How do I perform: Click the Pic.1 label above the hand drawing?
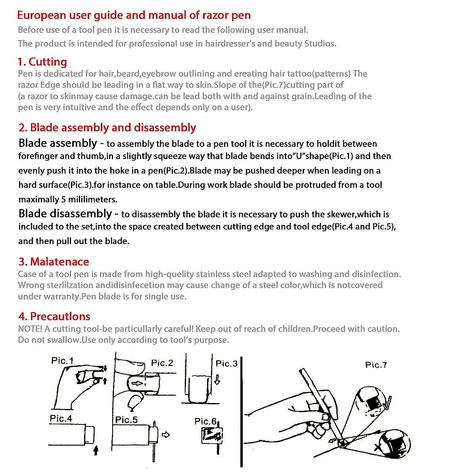[62, 361]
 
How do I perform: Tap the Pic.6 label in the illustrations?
[205, 421]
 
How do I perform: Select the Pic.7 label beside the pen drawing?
[376, 365]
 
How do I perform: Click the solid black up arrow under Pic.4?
[95, 451]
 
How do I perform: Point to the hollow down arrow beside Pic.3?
[217, 380]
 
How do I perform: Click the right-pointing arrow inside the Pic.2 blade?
[138, 384]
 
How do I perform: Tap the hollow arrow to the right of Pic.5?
[166, 435]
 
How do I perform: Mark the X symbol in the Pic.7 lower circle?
[378, 447]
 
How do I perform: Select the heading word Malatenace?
[59, 262]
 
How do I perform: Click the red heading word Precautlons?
[60, 317]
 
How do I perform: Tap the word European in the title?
[42, 15]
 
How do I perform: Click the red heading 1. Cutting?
[42, 62]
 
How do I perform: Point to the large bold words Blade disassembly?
[65, 214]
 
